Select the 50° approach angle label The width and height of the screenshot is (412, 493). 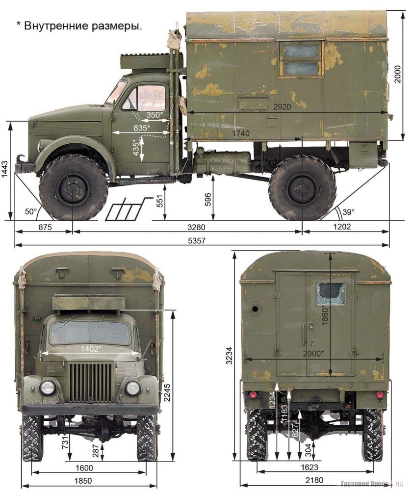pos(31,211)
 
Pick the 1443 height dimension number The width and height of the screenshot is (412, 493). pos(5,171)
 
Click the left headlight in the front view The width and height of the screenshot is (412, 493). pos(48,388)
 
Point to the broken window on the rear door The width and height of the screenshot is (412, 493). pos(331,293)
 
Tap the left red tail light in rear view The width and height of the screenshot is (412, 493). pos(253,395)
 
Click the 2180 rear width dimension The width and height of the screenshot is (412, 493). pos(314,480)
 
